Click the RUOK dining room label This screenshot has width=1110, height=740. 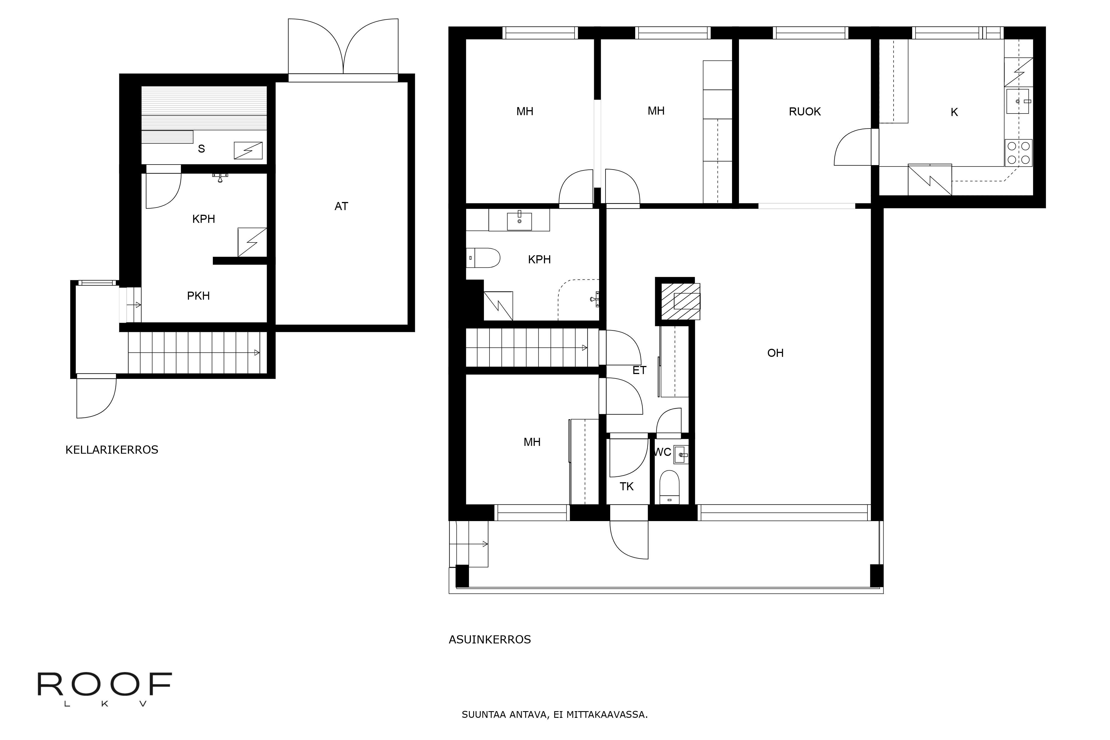(x=805, y=112)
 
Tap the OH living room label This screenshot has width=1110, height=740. (x=775, y=353)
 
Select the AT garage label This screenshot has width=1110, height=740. (x=341, y=206)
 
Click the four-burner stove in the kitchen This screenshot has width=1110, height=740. (x=1018, y=153)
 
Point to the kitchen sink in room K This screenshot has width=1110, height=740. (x=1018, y=101)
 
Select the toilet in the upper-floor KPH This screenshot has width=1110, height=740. (x=483, y=258)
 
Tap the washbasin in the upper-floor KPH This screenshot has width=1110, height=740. (x=519, y=220)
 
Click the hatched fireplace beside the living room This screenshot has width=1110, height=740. (x=680, y=301)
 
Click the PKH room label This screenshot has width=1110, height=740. (x=198, y=296)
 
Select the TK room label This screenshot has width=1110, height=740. (x=627, y=487)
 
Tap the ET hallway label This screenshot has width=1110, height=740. (x=639, y=370)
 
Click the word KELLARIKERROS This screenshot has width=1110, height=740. (x=112, y=450)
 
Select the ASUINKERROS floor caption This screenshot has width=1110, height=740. (x=490, y=640)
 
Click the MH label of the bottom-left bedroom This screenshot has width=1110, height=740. (x=532, y=442)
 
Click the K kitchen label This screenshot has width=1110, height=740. (x=954, y=112)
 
